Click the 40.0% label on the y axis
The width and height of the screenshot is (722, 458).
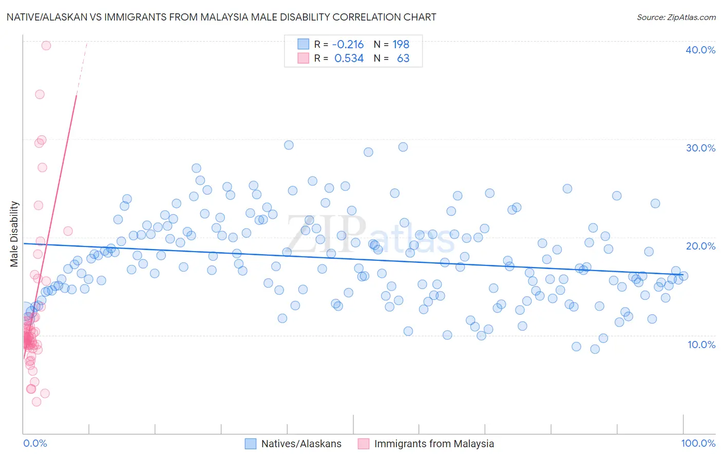[700, 50]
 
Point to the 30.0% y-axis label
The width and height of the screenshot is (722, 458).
[700, 148]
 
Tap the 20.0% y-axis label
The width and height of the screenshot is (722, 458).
[700, 246]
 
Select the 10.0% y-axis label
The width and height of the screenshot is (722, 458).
[701, 344]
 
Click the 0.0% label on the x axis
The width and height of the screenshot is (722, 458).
[35, 443]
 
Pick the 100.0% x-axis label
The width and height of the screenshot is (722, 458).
[698, 443]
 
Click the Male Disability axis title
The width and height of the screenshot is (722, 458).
[14, 234]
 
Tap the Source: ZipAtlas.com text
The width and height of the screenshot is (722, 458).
[676, 17]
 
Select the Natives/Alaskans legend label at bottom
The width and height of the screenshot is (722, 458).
[301, 444]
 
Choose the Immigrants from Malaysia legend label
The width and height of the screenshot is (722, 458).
[434, 444]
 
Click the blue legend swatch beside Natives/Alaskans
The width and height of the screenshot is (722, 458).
[250, 444]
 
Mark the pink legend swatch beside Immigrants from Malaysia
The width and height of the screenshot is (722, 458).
[363, 444]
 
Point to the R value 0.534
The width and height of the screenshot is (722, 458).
[349, 59]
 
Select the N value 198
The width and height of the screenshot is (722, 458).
[401, 44]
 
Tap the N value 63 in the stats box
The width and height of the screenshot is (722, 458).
[403, 59]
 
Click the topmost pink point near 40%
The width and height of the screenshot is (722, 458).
[46, 45]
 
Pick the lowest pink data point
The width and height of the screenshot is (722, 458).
[36, 402]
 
